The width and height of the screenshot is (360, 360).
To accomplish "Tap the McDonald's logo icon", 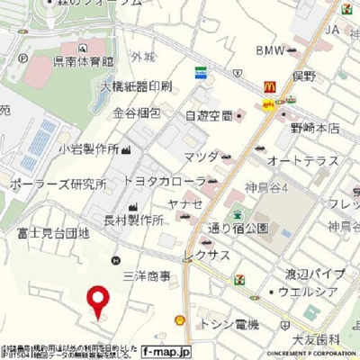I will tap(268, 87).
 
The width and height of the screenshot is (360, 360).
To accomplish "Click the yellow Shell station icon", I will tap(179, 319).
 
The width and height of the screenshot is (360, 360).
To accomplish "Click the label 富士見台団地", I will tap(54, 232).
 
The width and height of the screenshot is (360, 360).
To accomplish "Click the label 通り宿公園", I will tap(238, 229).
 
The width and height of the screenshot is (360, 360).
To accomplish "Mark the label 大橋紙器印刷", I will tap(135, 88).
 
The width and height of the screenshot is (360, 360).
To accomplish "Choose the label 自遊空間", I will tap(209, 115).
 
